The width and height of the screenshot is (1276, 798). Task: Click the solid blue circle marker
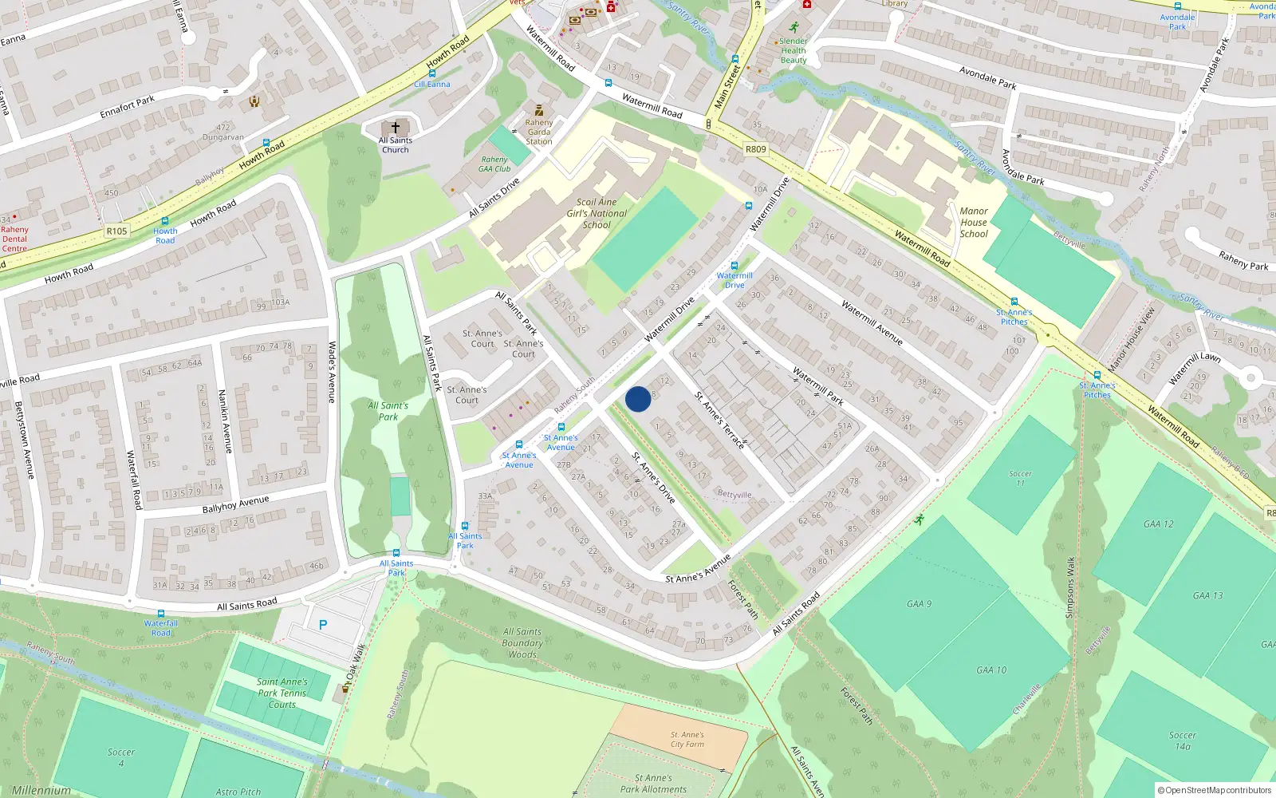638,399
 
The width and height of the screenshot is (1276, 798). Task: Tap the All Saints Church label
395,145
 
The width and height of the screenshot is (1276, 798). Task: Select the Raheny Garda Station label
539,132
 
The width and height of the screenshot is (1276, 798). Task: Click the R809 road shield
755,149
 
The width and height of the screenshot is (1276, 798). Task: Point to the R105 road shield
116,231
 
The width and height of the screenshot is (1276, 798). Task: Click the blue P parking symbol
323,625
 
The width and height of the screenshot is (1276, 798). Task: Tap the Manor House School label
974,223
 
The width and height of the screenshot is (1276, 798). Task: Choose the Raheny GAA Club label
494,164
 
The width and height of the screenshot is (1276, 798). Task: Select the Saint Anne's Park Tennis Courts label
282,693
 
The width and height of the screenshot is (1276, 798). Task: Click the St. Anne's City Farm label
687,740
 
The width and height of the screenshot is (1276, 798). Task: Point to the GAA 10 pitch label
991,670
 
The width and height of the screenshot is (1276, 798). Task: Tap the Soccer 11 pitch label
1020,478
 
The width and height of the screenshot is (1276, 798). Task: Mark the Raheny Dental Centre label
14,239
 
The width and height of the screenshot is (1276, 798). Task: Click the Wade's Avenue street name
333,372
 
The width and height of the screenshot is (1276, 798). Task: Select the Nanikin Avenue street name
226,421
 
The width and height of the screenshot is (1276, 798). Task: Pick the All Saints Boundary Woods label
522,643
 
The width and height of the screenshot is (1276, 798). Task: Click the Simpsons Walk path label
1070,587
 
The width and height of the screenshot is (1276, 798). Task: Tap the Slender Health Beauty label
794,50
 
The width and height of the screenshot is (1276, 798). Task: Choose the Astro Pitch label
238,792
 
